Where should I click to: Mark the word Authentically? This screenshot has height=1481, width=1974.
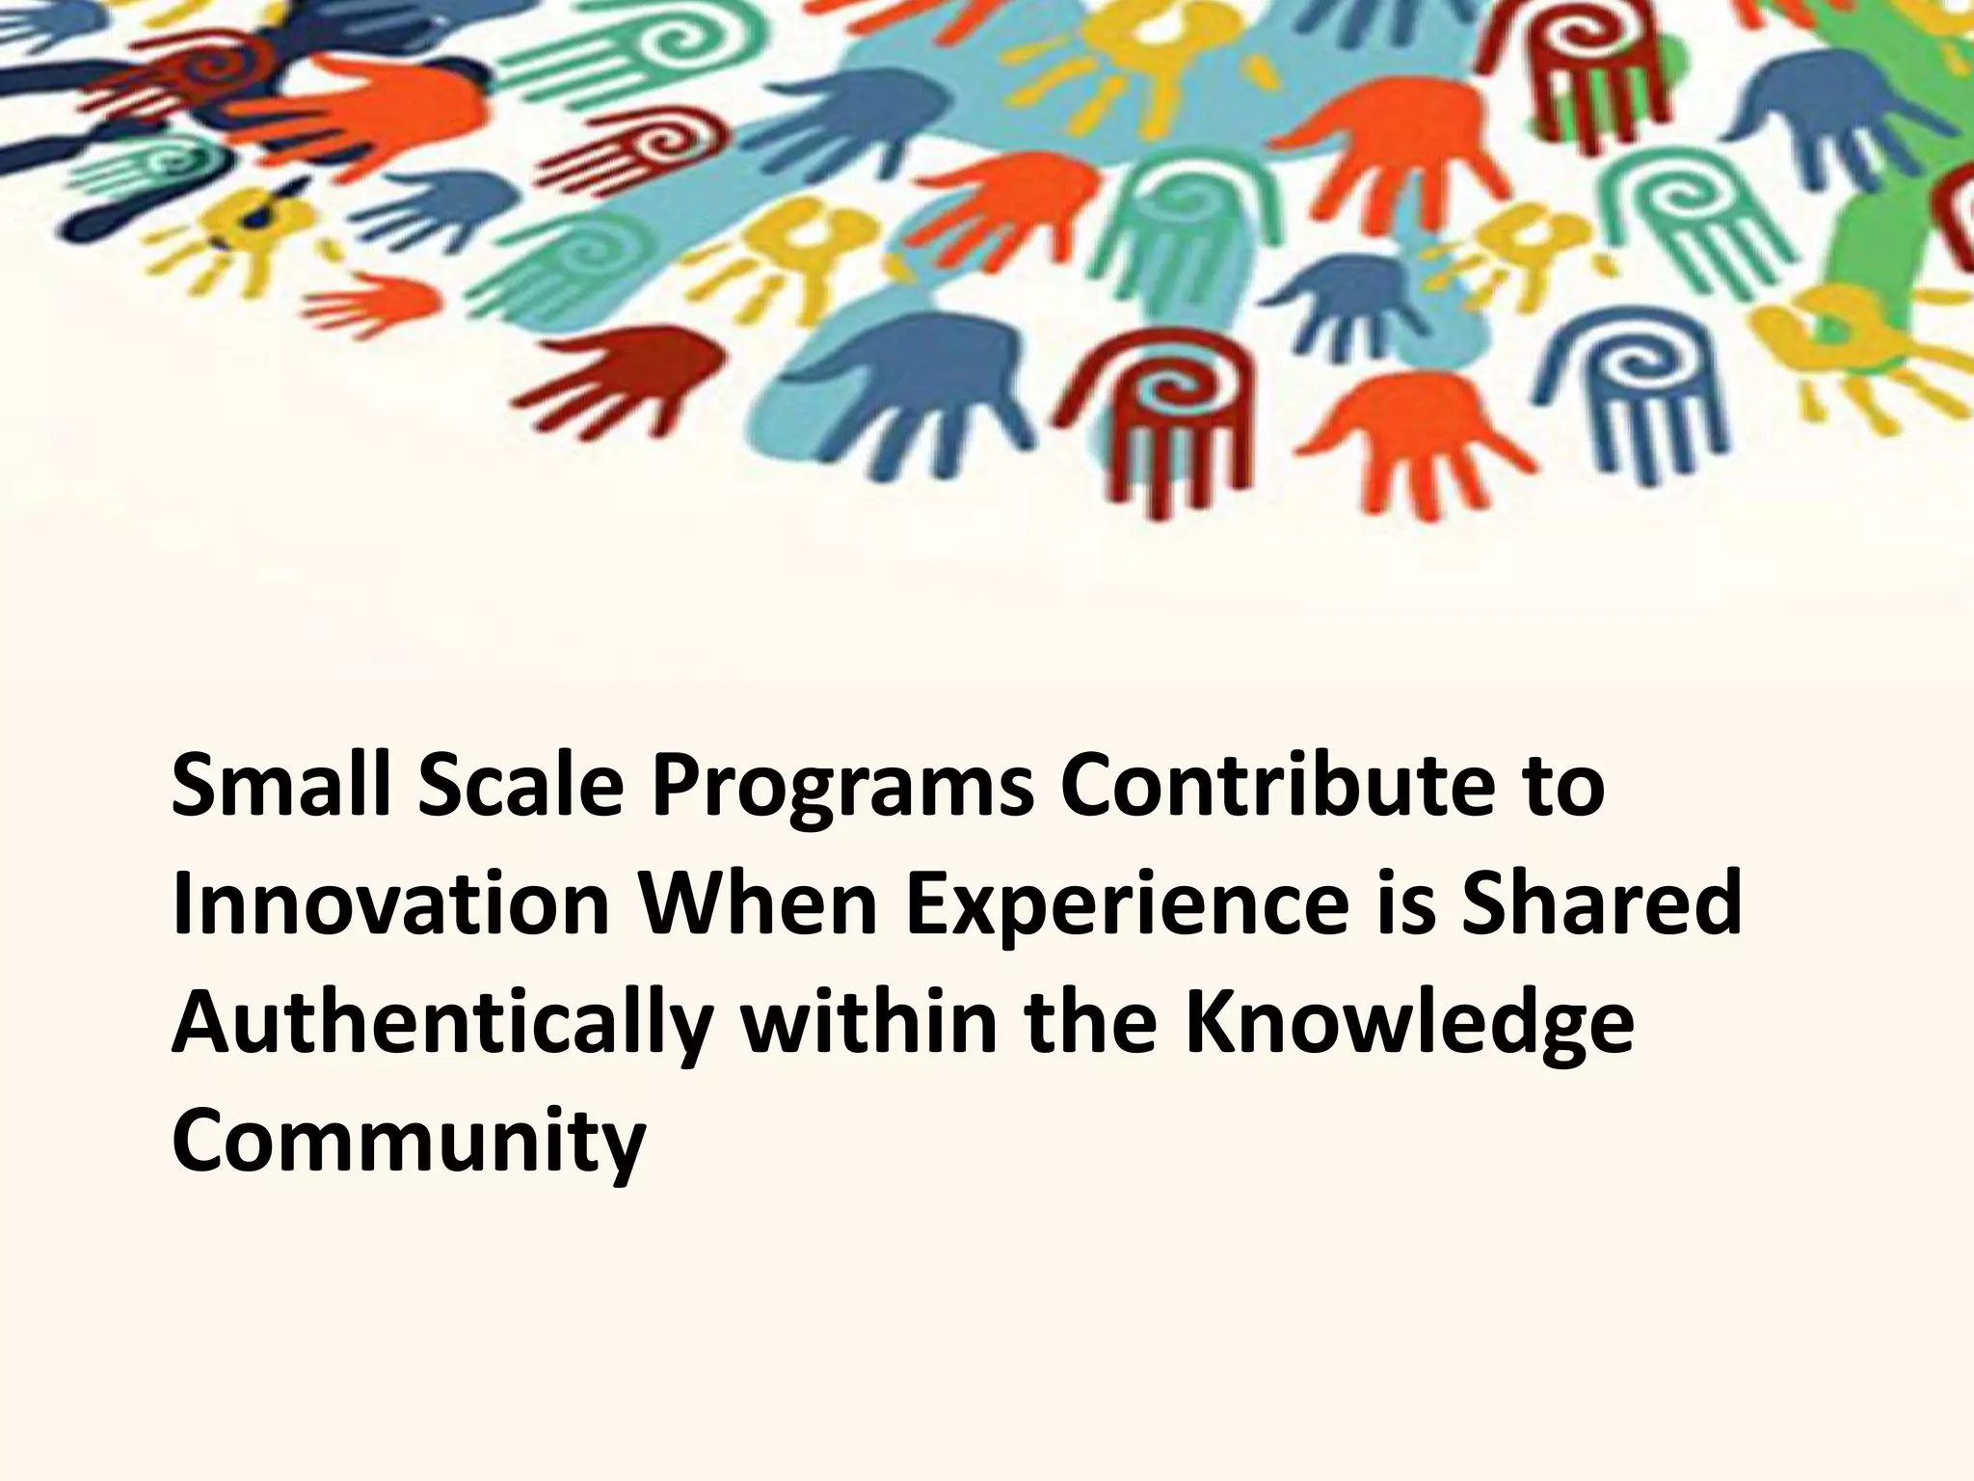click(x=443, y=1028)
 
